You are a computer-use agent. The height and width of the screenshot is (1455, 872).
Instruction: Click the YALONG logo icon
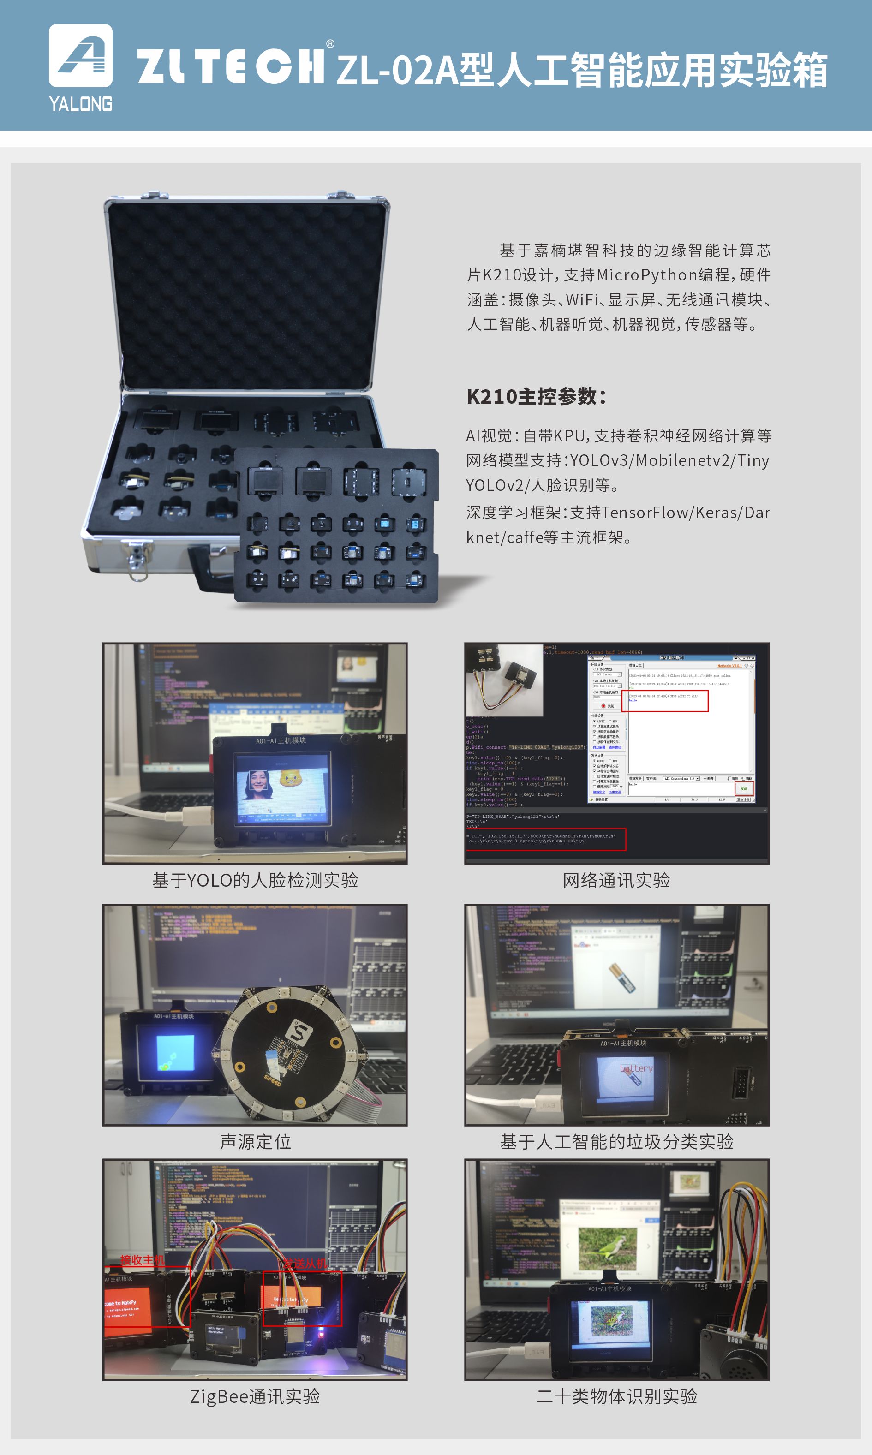click(x=80, y=56)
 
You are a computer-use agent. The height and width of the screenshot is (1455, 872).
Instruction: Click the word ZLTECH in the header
click(x=230, y=66)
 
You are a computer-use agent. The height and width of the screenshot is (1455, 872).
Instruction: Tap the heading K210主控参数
click(x=536, y=396)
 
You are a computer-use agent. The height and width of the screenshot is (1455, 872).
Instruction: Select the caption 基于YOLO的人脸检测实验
click(x=255, y=880)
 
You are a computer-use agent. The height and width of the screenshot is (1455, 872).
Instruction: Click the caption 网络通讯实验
click(x=616, y=880)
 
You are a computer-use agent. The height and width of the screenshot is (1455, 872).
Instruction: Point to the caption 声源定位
click(x=255, y=1141)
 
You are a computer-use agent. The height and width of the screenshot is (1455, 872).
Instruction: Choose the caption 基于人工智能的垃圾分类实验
click(x=616, y=1141)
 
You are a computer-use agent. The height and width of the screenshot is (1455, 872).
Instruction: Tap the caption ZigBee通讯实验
click(x=255, y=1395)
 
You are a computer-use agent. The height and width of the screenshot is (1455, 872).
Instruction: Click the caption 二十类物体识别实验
click(x=616, y=1395)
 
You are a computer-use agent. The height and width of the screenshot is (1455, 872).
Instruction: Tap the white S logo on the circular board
click(x=300, y=1032)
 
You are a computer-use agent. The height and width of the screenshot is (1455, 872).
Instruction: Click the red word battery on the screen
click(x=636, y=1068)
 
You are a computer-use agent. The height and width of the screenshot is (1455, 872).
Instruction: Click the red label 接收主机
click(x=142, y=1259)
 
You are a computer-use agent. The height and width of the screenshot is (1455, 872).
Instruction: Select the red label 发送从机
click(x=305, y=1264)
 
